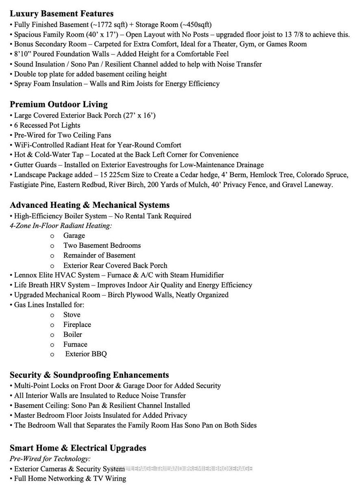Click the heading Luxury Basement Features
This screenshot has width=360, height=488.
click(61, 14)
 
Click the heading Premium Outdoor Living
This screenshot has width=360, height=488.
click(59, 105)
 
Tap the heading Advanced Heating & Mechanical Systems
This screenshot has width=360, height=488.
click(89, 205)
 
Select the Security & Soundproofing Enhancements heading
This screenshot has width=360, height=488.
click(89, 375)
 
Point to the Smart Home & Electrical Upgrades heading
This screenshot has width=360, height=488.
click(78, 448)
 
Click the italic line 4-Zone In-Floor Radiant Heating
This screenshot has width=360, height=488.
click(61, 225)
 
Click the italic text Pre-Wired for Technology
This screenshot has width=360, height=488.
click(50, 458)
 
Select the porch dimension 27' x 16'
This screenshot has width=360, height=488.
click(138, 115)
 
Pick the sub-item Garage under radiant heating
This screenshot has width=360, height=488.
click(74, 235)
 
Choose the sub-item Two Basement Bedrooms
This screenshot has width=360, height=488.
click(102, 245)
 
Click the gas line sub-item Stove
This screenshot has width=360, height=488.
click(72, 315)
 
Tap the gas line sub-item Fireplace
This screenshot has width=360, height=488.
click(77, 325)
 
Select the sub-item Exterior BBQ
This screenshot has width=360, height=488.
click(86, 354)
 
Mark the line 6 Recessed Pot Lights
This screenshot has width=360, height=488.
click(47, 125)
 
